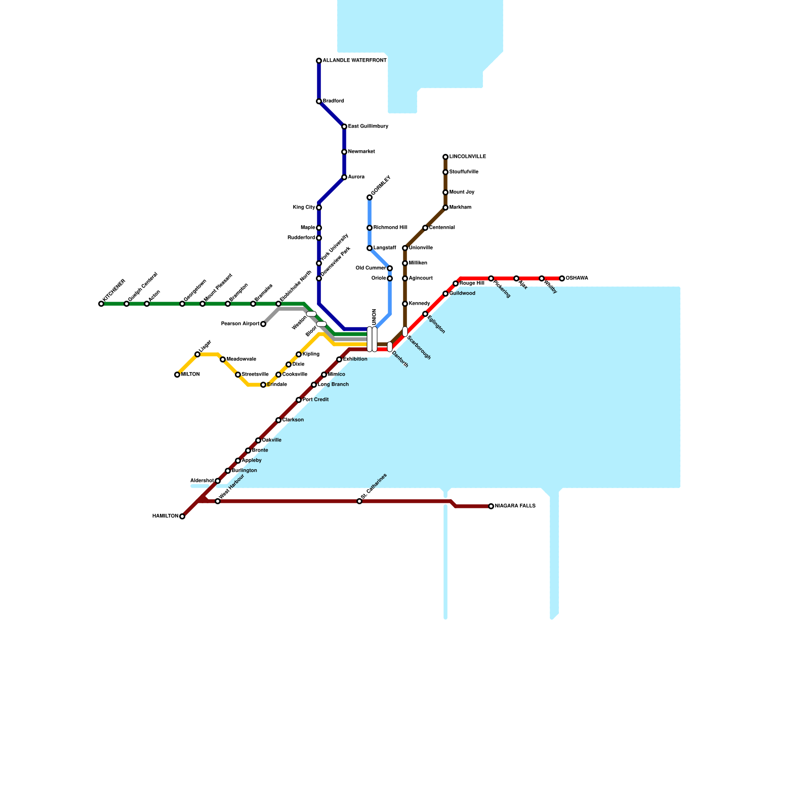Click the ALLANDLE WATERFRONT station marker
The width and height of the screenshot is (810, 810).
319,61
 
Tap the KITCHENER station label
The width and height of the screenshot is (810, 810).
114,292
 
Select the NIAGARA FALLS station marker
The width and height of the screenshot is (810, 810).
491,506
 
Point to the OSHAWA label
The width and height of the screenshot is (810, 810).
577,278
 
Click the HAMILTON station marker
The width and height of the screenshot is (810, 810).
182,516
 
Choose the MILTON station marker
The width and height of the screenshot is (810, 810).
177,375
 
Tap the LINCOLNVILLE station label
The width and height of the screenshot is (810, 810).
468,157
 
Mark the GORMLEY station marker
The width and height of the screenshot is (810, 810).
370,197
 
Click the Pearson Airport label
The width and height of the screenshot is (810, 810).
240,324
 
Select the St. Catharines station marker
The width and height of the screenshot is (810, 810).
359,501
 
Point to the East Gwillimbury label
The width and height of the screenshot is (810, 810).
368,127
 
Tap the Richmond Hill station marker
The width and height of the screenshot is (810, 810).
370,228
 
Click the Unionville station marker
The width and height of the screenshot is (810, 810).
405,248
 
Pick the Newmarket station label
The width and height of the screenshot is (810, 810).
361,152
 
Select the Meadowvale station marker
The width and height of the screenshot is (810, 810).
223,359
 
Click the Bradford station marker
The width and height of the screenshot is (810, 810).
319,101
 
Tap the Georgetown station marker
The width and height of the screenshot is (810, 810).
182,304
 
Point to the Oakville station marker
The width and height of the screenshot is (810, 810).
258,440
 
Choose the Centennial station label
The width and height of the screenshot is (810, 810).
442,228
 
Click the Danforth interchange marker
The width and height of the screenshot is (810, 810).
390,347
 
